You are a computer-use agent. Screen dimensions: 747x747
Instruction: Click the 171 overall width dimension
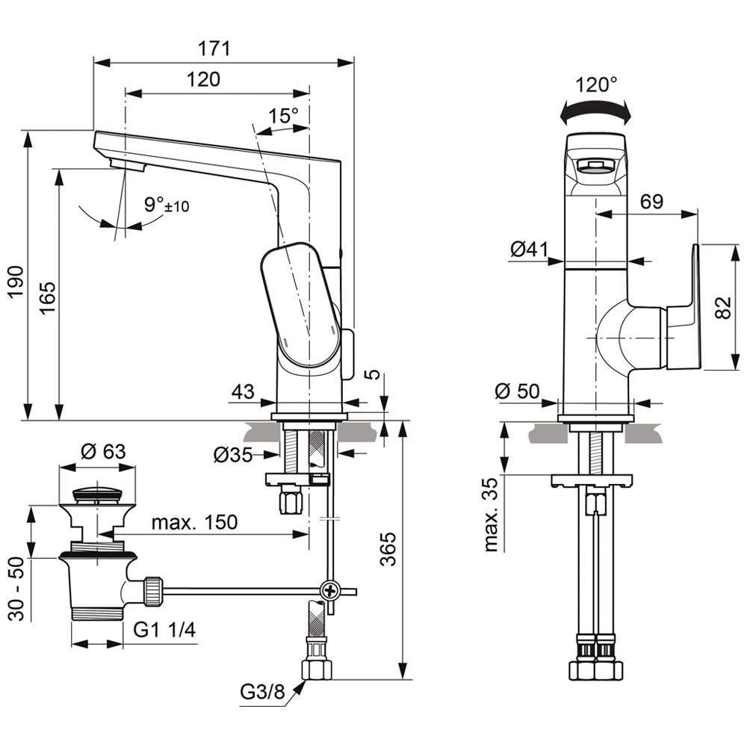(x=214, y=49)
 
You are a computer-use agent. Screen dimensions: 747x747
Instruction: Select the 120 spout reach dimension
(x=203, y=79)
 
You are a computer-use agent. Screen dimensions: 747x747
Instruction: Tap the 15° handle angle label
(x=284, y=116)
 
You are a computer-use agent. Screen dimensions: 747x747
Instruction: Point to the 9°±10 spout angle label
(x=166, y=204)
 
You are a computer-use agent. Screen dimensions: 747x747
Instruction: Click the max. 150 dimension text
(x=194, y=522)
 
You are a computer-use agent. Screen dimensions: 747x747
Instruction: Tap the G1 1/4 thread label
(x=165, y=631)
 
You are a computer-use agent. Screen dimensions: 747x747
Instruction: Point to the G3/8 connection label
(x=263, y=693)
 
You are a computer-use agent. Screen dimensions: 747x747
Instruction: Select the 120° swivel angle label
(x=598, y=85)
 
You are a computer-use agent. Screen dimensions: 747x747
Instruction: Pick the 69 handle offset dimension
(x=651, y=201)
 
